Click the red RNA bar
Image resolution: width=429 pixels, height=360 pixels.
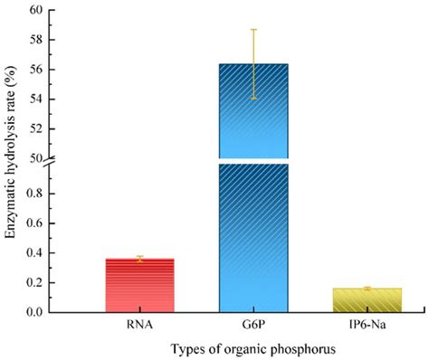pyautogui.click(x=139, y=285)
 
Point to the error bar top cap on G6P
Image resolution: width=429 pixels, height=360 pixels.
pyautogui.click(x=254, y=30)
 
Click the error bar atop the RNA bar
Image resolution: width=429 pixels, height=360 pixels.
pyautogui.click(x=139, y=259)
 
